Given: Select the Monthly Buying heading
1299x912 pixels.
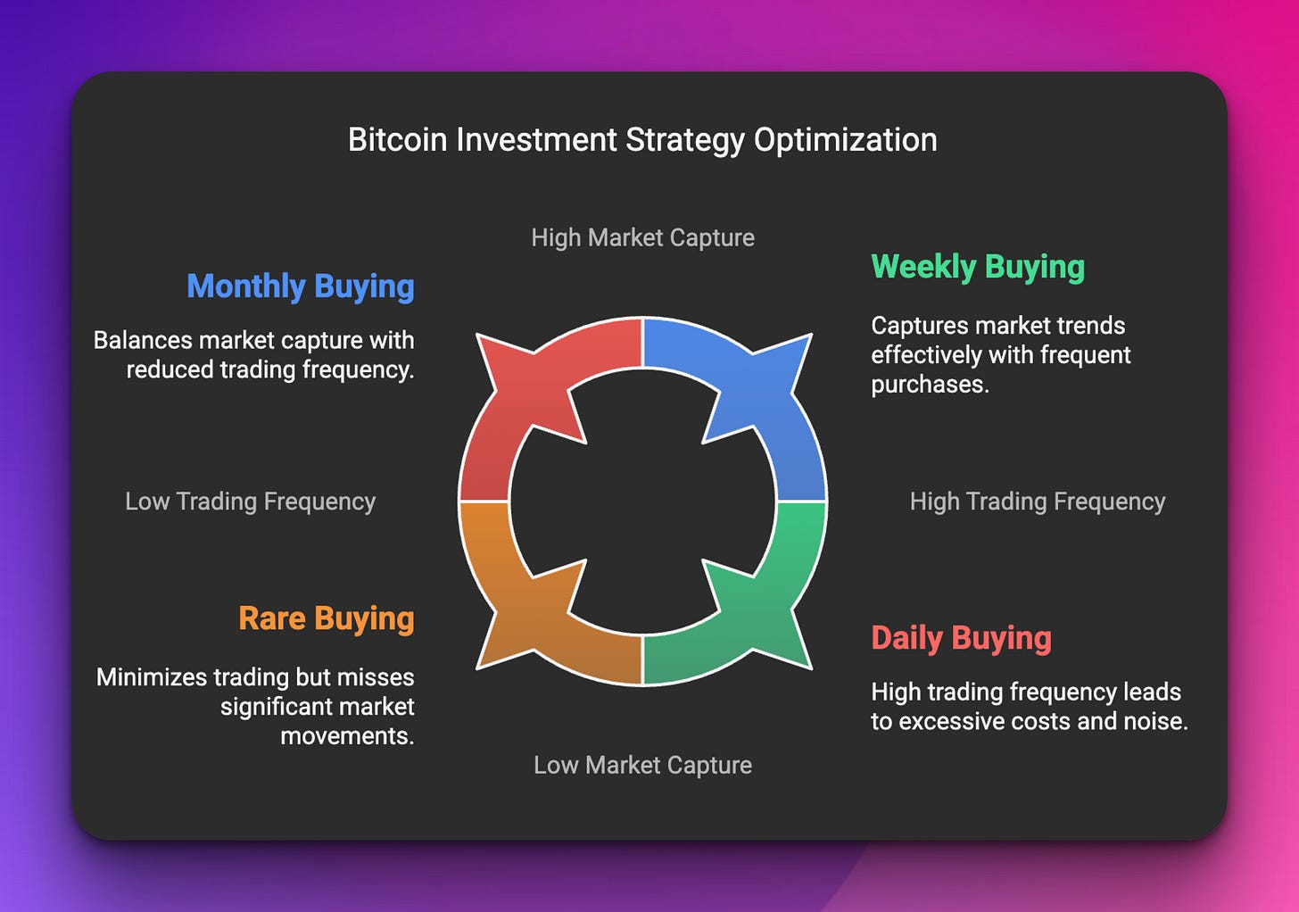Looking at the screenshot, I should pos(300,286).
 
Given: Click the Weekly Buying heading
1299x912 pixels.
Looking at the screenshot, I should pos(978,267).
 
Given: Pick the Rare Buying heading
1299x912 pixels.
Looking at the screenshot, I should pos(326,618).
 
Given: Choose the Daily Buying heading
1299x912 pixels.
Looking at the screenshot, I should pos(961,638).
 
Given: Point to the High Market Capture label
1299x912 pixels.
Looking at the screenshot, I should pos(642,237).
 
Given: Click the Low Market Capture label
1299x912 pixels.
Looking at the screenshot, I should pos(642,765).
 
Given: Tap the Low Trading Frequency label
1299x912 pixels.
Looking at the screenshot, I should pos(250,502).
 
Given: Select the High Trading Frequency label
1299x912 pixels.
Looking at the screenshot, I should pos(1037,502).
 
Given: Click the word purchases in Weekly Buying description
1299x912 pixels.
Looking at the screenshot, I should pos(929,385).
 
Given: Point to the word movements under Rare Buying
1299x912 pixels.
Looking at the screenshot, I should pos(346,736).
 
